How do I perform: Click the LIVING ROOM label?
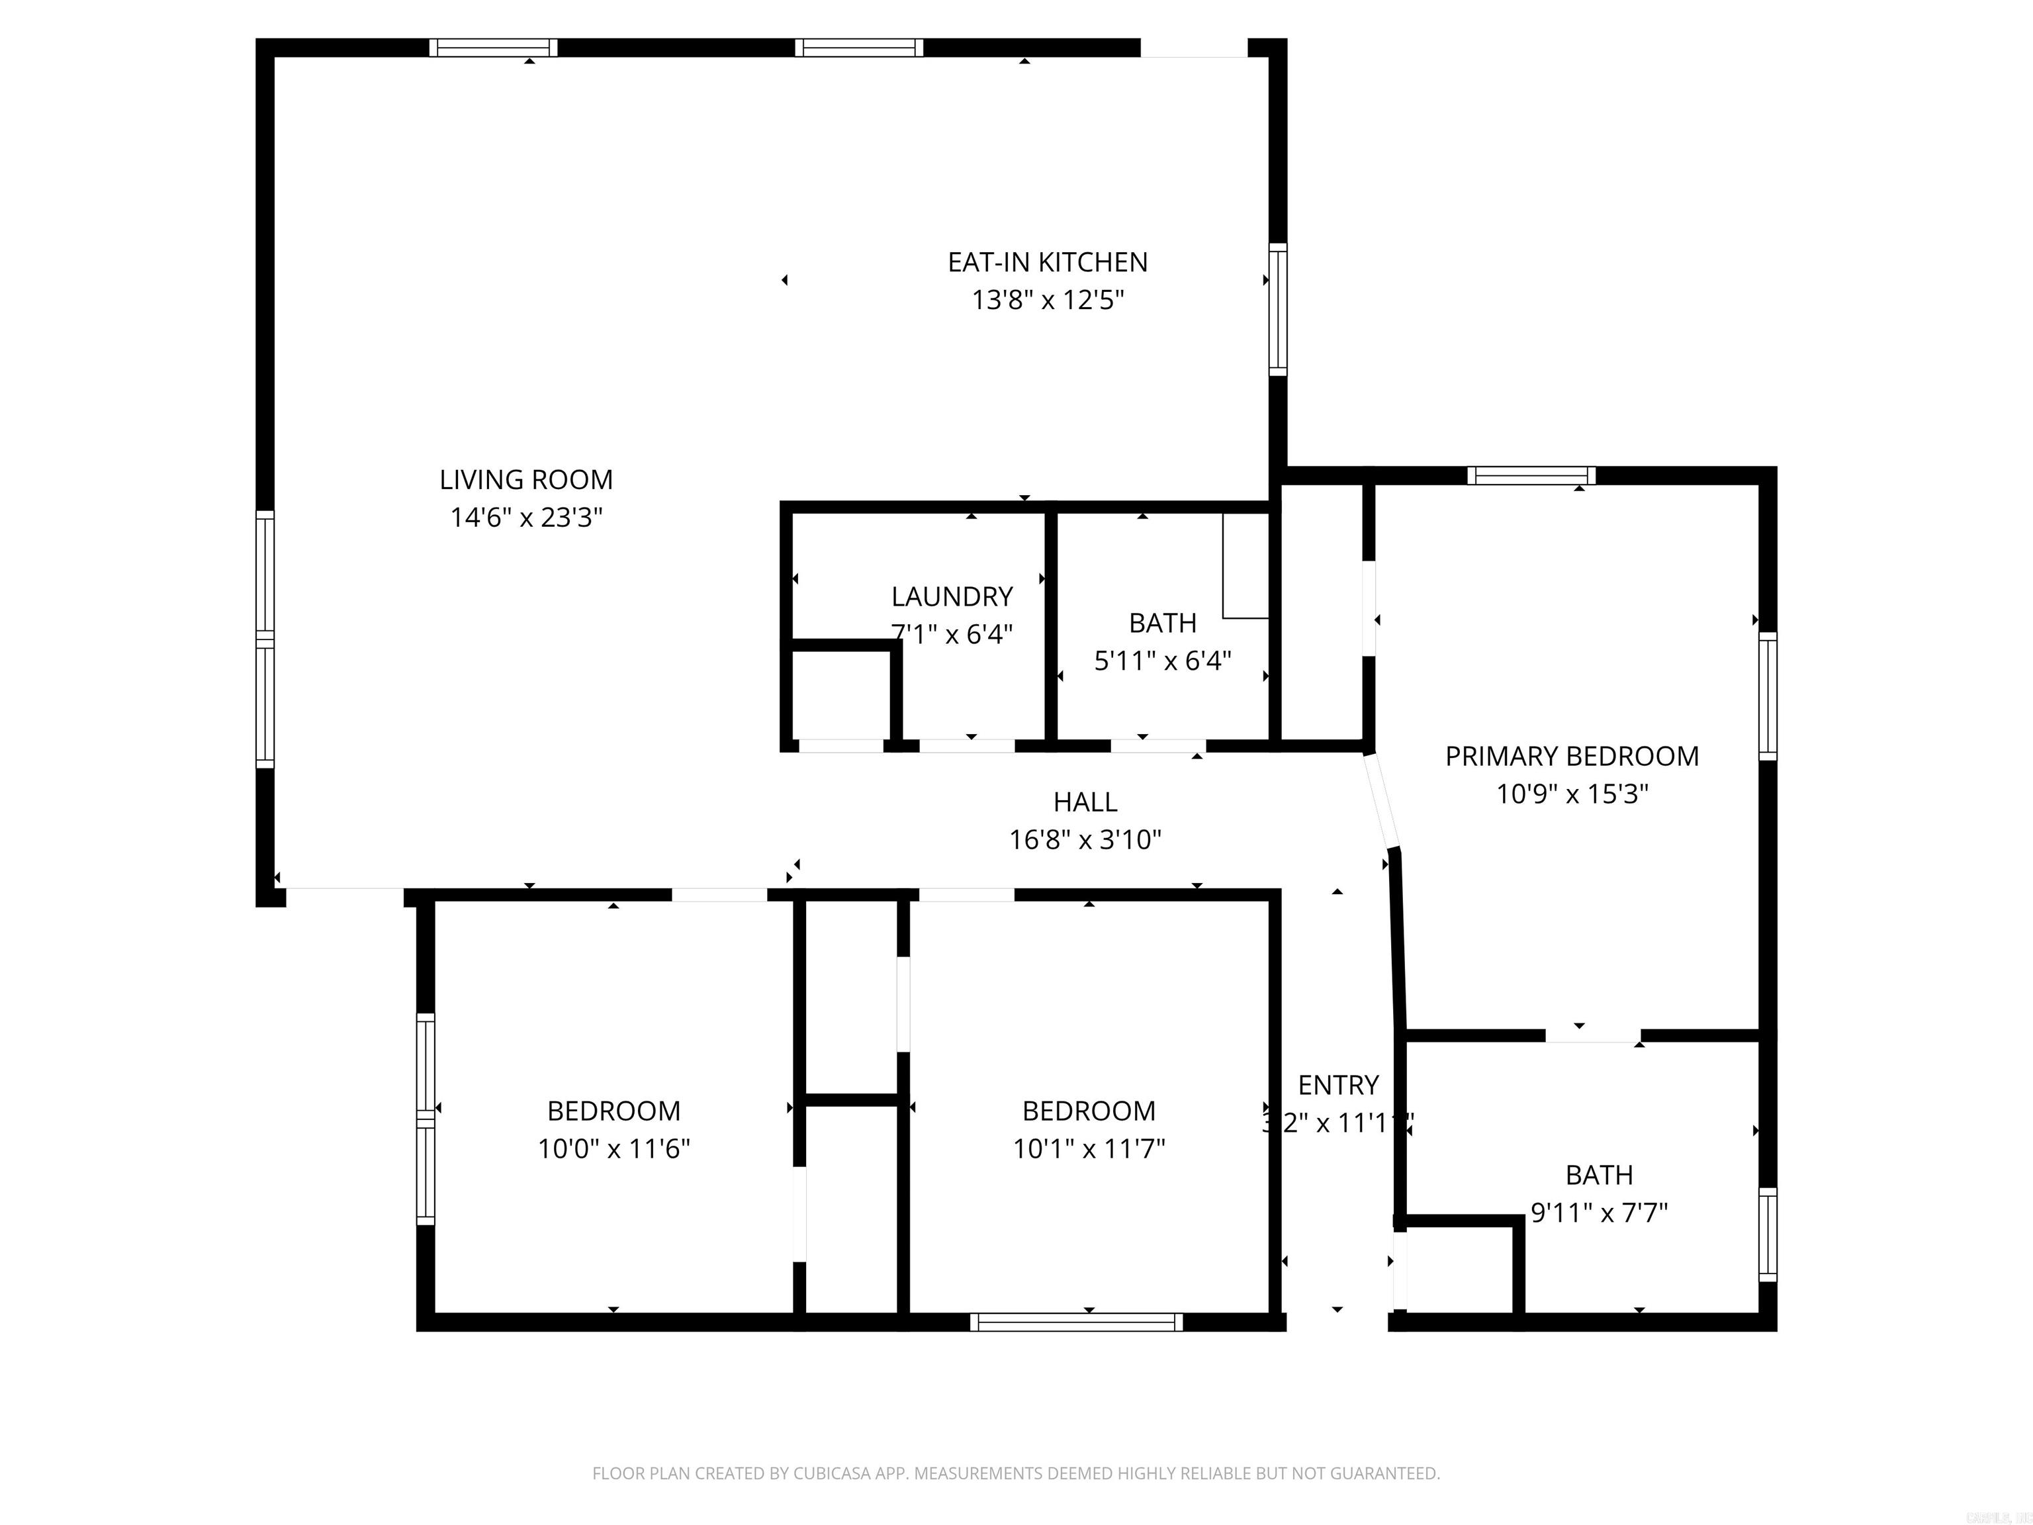pyautogui.click(x=525, y=480)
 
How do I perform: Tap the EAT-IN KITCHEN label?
pyautogui.click(x=1048, y=263)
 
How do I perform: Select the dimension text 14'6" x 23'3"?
pyautogui.click(x=525, y=518)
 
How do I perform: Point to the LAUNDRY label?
pyautogui.click(x=952, y=596)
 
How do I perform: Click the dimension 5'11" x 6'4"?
pyautogui.click(x=1163, y=661)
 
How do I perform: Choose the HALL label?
pyautogui.click(x=1085, y=802)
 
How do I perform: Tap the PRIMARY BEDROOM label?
pyautogui.click(x=1572, y=757)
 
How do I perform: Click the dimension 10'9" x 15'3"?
pyautogui.click(x=1572, y=794)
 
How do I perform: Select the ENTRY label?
pyautogui.click(x=1338, y=1086)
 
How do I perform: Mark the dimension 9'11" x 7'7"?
pyautogui.click(x=1599, y=1213)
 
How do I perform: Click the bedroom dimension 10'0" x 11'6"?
pyautogui.click(x=614, y=1149)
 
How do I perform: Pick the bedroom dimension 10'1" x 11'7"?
pyautogui.click(x=1089, y=1149)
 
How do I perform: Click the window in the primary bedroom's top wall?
pyautogui.click(x=1531, y=475)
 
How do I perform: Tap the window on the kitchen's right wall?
pyautogui.click(x=1277, y=309)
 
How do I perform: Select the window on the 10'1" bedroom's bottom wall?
pyautogui.click(x=1076, y=1322)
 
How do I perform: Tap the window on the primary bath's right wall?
pyautogui.click(x=1768, y=1234)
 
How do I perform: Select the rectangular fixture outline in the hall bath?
pyautogui.click(x=1245, y=566)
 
